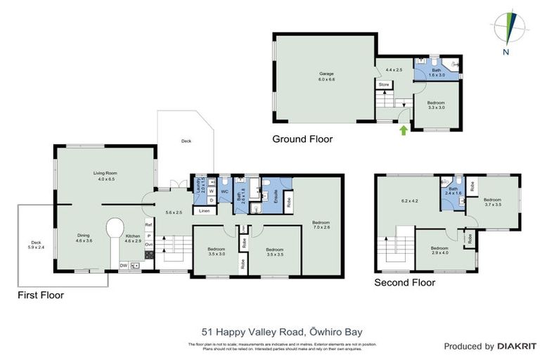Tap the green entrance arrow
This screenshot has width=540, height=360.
pyautogui.click(x=402, y=129)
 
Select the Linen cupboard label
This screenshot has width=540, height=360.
pyautogui.click(x=203, y=211)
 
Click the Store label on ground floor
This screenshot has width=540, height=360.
pyautogui.click(x=384, y=85)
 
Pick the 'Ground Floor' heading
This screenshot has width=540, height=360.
pyautogui.click(x=302, y=139)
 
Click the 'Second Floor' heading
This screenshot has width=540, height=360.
pyautogui.click(x=404, y=283)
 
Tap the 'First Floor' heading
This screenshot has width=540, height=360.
pyautogui.click(x=41, y=295)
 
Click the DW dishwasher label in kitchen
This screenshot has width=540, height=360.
pyautogui.click(x=123, y=266)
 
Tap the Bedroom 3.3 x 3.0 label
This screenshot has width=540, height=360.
pyautogui.click(x=437, y=105)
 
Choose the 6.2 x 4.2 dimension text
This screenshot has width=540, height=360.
pyautogui.click(x=409, y=201)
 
